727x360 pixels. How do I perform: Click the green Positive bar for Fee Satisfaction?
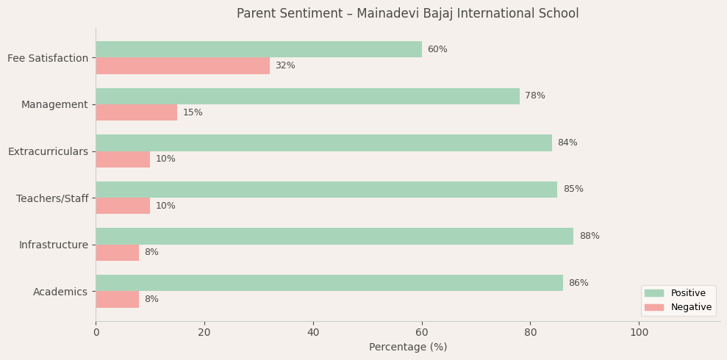coord(259,49)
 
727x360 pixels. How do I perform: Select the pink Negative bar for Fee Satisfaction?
coord(182,65)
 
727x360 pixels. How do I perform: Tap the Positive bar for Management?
coord(307,96)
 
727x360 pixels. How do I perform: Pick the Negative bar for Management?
coord(136,112)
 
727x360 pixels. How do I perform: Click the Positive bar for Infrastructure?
coord(334,236)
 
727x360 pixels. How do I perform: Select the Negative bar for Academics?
coord(117,299)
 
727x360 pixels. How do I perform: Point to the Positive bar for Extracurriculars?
coord(323,143)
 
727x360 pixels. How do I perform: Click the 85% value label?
coord(573,190)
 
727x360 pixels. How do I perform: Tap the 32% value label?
coord(285,66)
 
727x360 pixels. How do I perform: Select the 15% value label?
coord(193,113)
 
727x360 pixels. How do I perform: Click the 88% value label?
coord(590,237)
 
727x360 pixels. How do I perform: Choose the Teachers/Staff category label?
coord(52,198)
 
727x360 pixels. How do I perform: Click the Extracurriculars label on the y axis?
coord(48,151)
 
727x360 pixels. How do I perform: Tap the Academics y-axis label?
coord(60,292)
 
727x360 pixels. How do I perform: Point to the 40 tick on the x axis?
coord(313,333)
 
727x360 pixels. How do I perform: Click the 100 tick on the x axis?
coord(640,333)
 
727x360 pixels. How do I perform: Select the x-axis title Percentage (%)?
coord(408,348)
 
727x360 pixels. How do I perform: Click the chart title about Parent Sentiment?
coord(408,14)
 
